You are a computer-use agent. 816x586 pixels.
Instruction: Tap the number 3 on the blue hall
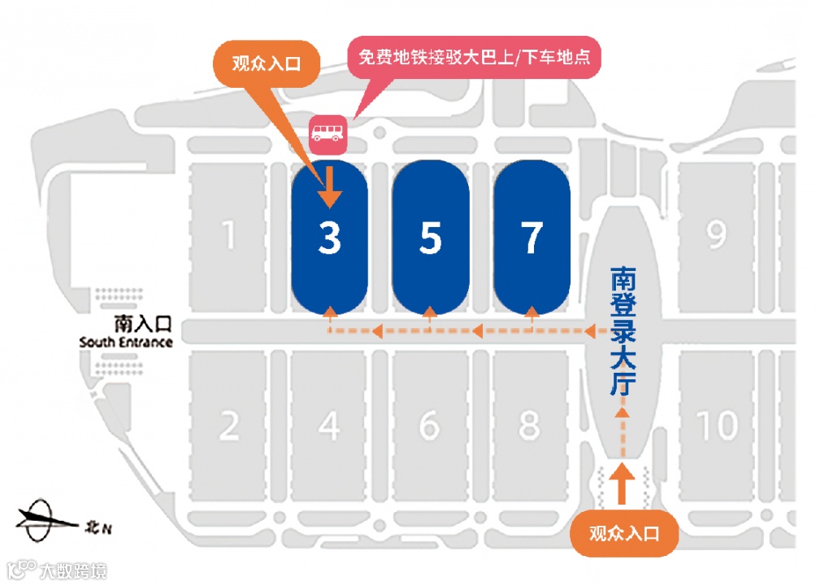click(x=329, y=238)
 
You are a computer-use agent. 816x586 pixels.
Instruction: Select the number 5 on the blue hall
click(x=431, y=238)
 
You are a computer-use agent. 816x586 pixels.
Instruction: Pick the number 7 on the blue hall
click(x=532, y=238)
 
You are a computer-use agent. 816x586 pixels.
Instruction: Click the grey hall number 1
click(x=228, y=236)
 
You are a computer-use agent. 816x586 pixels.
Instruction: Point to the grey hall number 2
click(x=229, y=425)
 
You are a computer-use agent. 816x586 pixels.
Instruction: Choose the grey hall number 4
click(x=329, y=425)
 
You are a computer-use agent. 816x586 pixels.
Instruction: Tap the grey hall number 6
click(x=430, y=425)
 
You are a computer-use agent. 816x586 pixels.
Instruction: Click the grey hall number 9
click(x=716, y=236)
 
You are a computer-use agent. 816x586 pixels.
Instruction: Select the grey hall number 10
click(x=717, y=425)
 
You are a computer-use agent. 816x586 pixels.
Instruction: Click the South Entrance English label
click(x=126, y=343)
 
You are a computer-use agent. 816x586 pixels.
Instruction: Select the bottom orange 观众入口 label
click(x=623, y=533)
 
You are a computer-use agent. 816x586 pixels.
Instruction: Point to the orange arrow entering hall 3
click(x=329, y=187)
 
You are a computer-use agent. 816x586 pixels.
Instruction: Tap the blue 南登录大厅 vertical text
click(x=623, y=331)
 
